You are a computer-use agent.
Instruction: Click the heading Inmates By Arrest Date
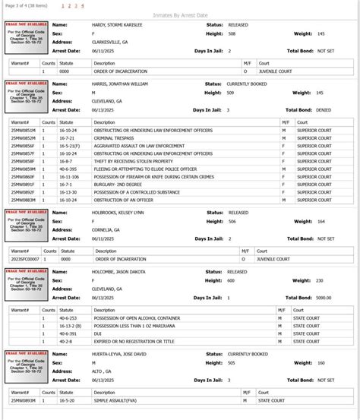(179, 14)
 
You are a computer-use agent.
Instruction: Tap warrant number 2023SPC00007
(24, 259)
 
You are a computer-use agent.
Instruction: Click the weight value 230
(319, 280)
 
